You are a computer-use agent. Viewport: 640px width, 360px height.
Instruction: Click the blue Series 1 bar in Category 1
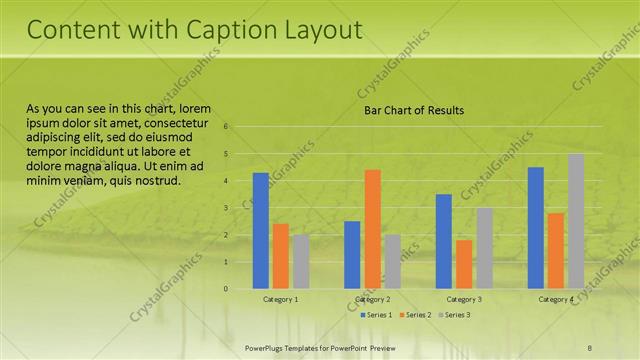260,231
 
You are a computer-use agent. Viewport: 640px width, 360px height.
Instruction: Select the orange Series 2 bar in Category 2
372,229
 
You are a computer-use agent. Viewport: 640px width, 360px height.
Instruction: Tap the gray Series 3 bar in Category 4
575,221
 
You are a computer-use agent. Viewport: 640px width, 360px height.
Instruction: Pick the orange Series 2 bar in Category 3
464,264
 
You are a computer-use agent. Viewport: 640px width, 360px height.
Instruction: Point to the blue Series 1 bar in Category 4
536,228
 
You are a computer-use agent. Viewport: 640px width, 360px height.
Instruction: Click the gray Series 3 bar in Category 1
300,262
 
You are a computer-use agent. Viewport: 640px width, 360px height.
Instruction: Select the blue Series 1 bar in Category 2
352,255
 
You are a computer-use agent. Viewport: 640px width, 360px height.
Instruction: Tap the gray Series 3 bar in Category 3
484,248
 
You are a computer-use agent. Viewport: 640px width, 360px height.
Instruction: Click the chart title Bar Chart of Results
413,110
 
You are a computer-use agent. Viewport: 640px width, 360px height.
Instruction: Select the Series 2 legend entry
415,315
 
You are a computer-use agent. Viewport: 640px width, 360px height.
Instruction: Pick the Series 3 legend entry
454,315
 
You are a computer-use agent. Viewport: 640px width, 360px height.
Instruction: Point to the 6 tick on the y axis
227,127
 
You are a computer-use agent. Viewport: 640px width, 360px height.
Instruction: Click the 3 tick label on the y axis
227,208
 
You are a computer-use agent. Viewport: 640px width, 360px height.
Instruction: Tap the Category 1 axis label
280,300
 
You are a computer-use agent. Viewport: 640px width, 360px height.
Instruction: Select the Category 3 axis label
464,300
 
